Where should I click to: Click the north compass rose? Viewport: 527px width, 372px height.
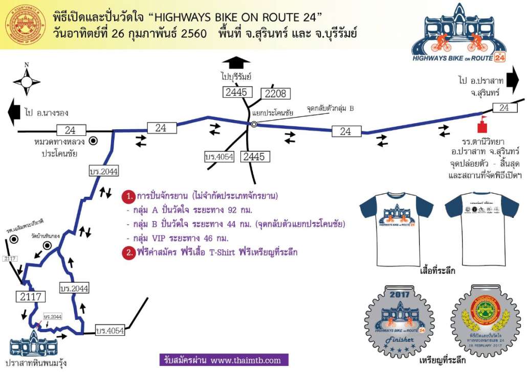(27, 81)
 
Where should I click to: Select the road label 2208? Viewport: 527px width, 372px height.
(276, 94)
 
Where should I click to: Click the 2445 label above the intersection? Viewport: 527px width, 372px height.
(236, 92)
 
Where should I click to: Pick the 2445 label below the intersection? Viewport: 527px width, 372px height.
(254, 156)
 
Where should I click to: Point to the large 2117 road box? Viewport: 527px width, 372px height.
(31, 296)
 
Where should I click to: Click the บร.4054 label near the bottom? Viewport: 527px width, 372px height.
(109, 331)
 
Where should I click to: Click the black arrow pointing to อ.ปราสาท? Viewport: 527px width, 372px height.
(513, 81)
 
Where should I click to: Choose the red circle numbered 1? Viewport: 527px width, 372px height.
(129, 196)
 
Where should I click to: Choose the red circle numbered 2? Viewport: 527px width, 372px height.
(129, 252)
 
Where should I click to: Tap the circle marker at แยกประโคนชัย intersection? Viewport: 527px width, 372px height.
(253, 124)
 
